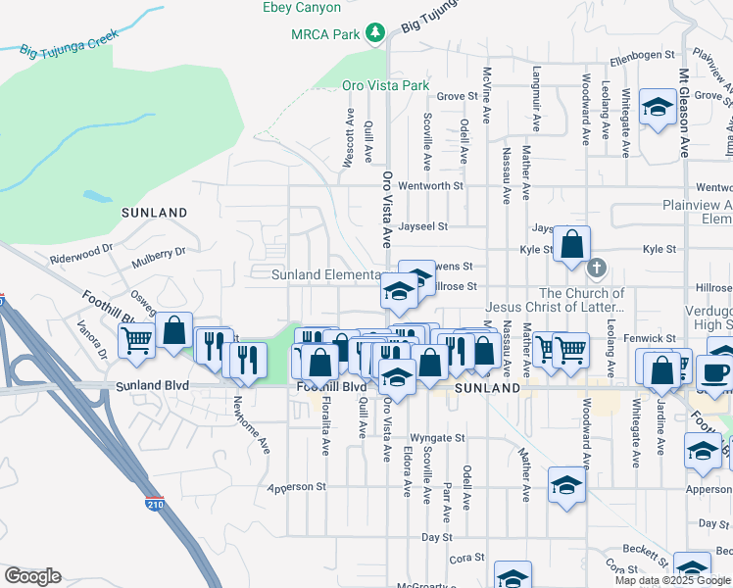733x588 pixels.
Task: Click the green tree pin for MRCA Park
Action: coord(374,34)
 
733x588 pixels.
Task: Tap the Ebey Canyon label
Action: coord(302,8)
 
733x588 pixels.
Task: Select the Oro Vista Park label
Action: coord(386,85)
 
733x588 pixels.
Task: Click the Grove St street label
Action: coord(456,96)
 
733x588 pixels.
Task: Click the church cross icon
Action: coord(596,267)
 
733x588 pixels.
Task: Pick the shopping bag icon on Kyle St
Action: coord(571,245)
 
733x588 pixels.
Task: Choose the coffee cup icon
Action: coord(715,372)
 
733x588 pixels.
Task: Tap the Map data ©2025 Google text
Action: coord(671,580)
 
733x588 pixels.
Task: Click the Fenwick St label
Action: coord(651,338)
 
